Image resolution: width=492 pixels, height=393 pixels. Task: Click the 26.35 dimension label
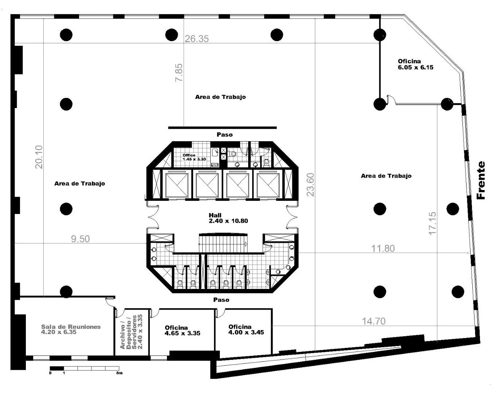(x=196, y=39)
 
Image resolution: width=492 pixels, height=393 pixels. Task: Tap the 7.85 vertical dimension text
(x=179, y=73)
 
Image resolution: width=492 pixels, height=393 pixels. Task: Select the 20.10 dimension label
(x=39, y=157)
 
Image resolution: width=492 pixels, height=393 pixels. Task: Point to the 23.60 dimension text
(x=310, y=184)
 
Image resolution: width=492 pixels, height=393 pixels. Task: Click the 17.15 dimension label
(x=432, y=223)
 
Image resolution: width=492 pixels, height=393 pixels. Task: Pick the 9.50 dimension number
(x=80, y=239)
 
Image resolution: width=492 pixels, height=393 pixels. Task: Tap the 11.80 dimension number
(x=383, y=249)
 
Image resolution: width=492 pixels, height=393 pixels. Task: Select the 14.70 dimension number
(x=374, y=321)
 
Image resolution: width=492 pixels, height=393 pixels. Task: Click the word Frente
(x=481, y=180)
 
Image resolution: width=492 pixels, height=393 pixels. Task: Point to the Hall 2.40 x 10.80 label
(x=228, y=218)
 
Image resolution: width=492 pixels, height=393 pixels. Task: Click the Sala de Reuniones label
(x=71, y=327)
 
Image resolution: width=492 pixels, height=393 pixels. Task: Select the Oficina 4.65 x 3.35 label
(x=183, y=330)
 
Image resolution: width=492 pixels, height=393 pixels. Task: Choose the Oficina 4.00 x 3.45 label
(x=246, y=330)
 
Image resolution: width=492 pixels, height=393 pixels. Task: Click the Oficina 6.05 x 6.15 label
(x=415, y=64)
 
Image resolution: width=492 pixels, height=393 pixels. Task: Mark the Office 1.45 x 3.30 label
(x=194, y=157)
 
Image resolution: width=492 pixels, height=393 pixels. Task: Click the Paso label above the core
(x=224, y=135)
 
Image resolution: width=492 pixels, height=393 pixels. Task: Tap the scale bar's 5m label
(x=119, y=373)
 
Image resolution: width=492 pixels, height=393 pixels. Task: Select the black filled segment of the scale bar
(x=57, y=368)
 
